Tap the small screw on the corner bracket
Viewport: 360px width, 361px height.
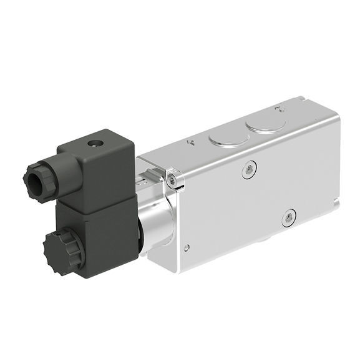click(175, 182)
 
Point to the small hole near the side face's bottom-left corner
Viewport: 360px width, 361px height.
click(187, 248)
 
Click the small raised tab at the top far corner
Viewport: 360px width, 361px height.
click(299, 100)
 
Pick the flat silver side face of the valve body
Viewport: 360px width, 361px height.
click(262, 194)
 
